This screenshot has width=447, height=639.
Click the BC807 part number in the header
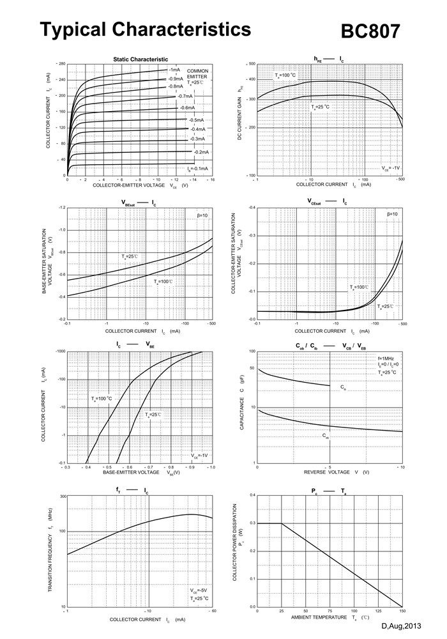pos(371,31)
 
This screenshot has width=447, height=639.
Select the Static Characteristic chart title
pos(140,59)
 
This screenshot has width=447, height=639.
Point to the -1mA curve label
pos(174,70)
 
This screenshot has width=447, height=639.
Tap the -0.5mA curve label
pos(195,120)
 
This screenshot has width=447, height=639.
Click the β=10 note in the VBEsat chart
pos(202,215)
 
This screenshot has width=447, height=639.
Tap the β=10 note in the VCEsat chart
pos(391,214)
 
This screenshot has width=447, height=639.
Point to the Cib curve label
pos(343,387)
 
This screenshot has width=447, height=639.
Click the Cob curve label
pos(326,436)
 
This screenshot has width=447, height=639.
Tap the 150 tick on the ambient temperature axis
pos(402,611)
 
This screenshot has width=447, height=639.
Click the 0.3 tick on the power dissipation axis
pos(252,523)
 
